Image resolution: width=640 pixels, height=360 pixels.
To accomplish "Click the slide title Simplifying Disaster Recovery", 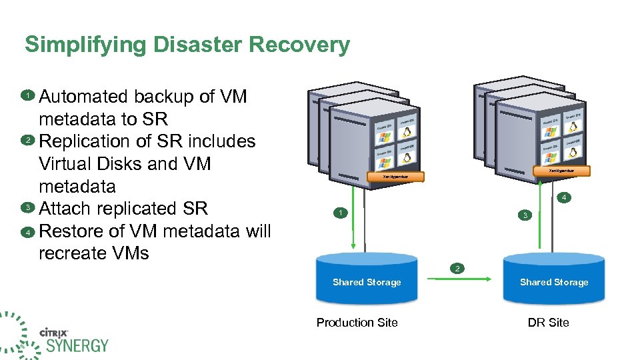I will tap(187, 45).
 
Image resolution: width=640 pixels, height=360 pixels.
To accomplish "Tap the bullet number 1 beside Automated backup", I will tap(28, 95).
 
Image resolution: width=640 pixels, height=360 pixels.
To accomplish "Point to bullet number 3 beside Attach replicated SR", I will tap(28, 208).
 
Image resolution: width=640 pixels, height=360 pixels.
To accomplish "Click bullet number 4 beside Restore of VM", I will tap(28, 232).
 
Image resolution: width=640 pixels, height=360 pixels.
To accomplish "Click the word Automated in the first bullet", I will tap(84, 97).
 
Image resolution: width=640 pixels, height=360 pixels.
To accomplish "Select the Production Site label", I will tap(357, 323).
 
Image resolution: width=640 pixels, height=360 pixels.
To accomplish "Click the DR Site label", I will tap(548, 323).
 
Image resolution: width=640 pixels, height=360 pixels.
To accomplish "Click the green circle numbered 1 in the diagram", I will tap(339, 213).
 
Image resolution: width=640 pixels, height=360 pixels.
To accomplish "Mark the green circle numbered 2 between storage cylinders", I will tap(457, 269).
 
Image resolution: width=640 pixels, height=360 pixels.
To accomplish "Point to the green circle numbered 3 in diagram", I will tap(525, 215).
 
